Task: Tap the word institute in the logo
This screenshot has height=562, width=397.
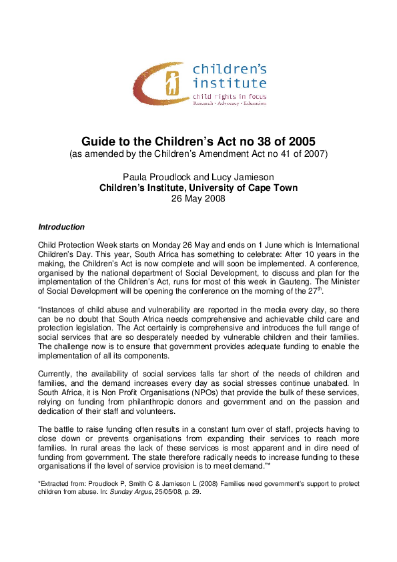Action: (x=229, y=83)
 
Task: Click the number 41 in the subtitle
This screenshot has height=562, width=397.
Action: (x=276, y=155)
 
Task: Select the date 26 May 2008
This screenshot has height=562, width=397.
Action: (x=198, y=198)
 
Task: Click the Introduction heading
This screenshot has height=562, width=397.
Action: (x=61, y=227)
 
